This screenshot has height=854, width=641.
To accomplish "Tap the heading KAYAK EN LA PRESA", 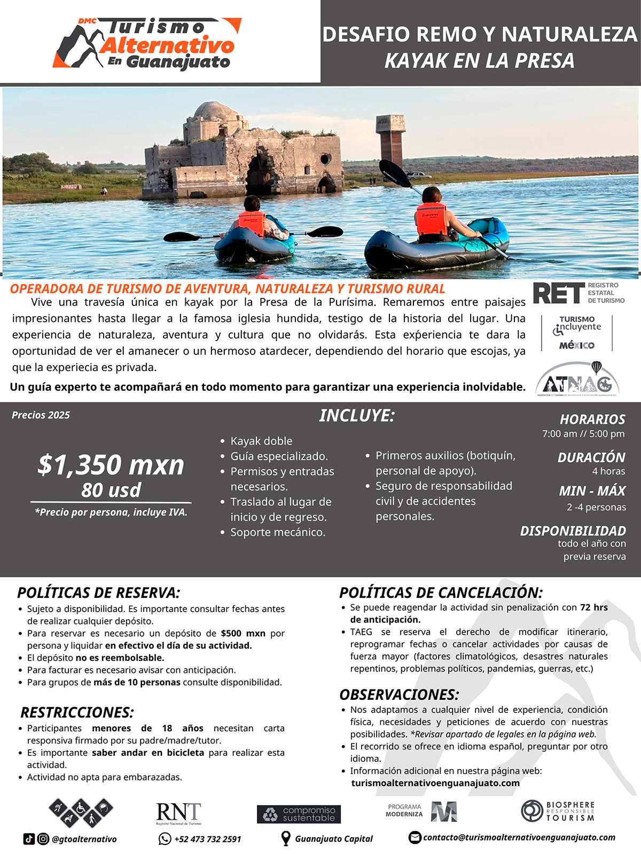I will (x=479, y=61).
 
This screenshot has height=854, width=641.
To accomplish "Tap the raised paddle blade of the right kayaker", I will (x=395, y=172).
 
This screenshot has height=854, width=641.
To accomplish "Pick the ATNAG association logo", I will (x=577, y=380).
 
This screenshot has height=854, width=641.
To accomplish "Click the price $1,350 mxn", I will (x=111, y=465).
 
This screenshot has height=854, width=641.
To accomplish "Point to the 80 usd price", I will (x=111, y=490).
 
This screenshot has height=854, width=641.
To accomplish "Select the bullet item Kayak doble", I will (x=261, y=441).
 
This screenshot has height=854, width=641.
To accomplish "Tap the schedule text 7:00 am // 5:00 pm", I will (x=583, y=434).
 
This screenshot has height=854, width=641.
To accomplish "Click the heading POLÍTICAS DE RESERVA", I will (x=99, y=593).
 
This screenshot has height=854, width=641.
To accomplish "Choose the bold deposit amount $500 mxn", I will (x=243, y=634).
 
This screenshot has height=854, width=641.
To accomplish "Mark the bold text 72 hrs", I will (x=593, y=607).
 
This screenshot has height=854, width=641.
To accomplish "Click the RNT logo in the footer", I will (x=178, y=813).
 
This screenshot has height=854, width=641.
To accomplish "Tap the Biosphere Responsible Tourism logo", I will (x=557, y=811).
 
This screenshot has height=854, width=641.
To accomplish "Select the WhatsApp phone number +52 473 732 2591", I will (x=207, y=839).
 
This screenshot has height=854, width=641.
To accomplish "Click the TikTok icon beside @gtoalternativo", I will (x=29, y=839).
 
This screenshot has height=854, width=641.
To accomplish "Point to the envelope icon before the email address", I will (x=415, y=837).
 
